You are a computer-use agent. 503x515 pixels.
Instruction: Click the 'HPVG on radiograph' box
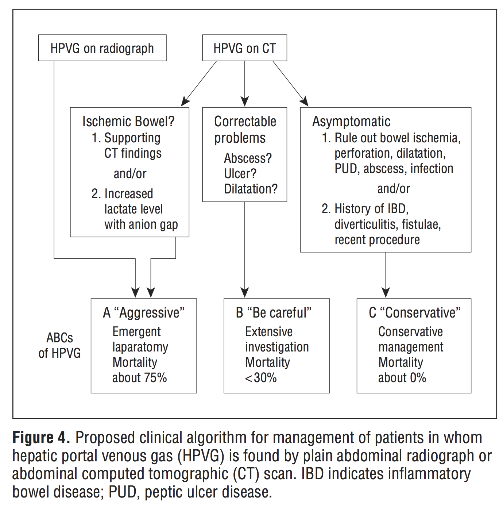point(102,48)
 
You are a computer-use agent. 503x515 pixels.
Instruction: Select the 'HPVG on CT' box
point(244,48)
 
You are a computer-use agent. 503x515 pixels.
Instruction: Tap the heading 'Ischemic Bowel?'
point(128,122)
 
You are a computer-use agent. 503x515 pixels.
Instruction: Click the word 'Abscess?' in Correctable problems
point(248,158)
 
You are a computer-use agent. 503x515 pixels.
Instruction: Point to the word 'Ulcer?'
point(240,174)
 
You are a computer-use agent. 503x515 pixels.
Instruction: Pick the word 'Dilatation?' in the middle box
point(251,189)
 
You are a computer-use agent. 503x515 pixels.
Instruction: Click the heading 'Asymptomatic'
point(351,122)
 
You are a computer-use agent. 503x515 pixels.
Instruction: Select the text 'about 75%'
point(139,378)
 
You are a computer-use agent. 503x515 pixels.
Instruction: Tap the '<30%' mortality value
point(261,378)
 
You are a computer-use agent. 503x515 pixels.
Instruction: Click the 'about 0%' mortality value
point(402,378)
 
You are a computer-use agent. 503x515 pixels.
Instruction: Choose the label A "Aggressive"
point(144,313)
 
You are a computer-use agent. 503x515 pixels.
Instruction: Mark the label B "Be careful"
point(274,313)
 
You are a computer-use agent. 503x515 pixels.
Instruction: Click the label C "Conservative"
point(415,313)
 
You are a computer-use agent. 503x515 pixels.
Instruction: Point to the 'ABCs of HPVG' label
point(59,345)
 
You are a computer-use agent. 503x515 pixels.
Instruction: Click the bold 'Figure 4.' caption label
point(41,438)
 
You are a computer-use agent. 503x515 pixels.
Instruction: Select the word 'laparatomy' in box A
point(140,347)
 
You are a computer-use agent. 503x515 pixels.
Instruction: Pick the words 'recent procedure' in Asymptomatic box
point(377,240)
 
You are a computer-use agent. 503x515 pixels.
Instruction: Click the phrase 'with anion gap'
point(141,224)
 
